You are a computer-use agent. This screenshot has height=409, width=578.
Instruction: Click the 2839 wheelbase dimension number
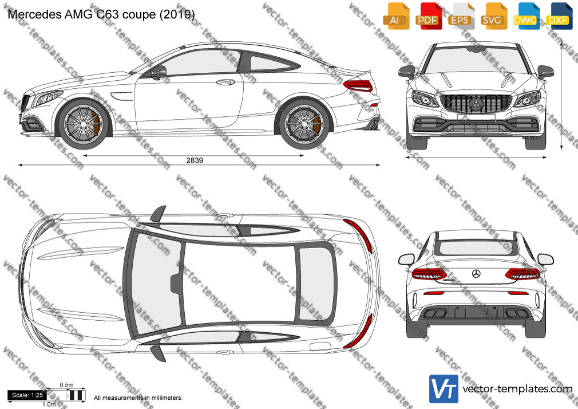[x=195, y=160]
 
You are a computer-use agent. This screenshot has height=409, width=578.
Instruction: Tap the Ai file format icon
[x=396, y=16]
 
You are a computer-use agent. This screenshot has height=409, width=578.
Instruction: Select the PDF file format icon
[x=428, y=16]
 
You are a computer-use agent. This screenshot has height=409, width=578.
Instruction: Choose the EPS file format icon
[x=461, y=16]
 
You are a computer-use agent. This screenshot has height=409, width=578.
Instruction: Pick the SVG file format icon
[x=493, y=16]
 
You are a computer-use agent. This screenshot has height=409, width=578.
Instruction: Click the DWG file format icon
[x=526, y=16]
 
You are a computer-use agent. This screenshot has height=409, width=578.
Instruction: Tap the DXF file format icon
[x=559, y=16]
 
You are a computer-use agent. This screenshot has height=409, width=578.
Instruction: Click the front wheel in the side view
[x=84, y=123]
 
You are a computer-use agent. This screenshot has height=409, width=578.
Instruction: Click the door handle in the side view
[x=225, y=82]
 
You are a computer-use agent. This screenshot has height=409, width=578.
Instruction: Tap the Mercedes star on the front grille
[x=476, y=104]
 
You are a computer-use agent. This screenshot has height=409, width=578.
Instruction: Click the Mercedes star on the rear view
[x=476, y=274]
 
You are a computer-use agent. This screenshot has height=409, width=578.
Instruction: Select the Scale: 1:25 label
[x=27, y=395]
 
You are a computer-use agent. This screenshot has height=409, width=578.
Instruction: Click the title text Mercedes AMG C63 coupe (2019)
[x=101, y=14]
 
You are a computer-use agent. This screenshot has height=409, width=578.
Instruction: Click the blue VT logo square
[x=444, y=389]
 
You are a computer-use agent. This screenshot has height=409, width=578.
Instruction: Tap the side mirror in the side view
[x=159, y=72]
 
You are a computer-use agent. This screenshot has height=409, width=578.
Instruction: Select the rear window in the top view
[x=315, y=283]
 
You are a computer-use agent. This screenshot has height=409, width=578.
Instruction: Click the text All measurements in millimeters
[x=138, y=398]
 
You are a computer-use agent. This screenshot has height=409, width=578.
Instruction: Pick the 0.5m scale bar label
[x=67, y=385]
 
